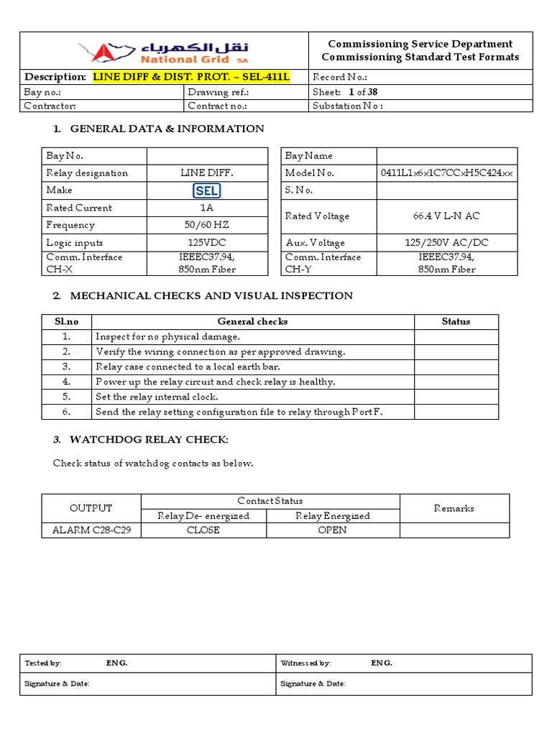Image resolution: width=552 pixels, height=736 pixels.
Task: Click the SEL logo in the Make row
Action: [207, 190]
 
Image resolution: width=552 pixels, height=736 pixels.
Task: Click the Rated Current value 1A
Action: [207, 208]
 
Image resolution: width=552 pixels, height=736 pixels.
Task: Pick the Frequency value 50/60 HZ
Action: [207, 225]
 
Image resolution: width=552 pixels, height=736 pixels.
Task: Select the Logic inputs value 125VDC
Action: [207, 242]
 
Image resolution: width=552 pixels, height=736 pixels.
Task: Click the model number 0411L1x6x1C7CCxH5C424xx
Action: [447, 173]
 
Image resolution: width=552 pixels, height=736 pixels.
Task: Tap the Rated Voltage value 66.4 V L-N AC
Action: [447, 216]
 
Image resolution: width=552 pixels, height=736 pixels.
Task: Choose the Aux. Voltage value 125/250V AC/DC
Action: [447, 242]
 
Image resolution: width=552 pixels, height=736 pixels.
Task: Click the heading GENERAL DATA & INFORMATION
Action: [167, 129]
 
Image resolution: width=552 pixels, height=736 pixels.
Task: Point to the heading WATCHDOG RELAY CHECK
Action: [149, 439]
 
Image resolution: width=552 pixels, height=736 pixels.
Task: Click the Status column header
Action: [456, 321]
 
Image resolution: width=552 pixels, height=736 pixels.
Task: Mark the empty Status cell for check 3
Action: [456, 367]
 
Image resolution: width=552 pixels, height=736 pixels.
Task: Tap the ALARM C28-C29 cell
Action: [91, 530]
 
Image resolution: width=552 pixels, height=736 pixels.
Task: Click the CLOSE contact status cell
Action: [203, 530]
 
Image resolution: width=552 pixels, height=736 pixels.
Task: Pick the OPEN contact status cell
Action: [332, 530]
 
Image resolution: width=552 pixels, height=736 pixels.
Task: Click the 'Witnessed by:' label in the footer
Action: [305, 663]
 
